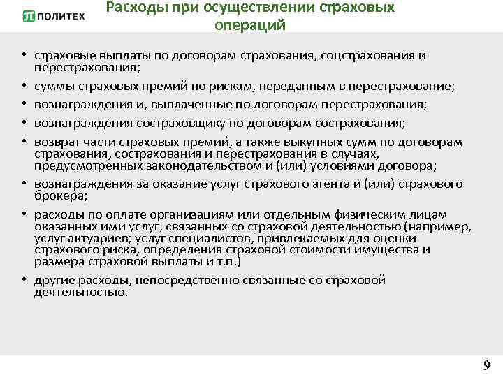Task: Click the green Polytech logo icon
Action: [x=29, y=17]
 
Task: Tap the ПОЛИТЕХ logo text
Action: [x=61, y=17]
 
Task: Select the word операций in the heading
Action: [x=251, y=25]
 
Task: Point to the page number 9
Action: [x=486, y=364]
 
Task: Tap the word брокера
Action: [x=56, y=195]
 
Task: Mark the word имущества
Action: [x=390, y=249]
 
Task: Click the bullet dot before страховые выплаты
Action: [x=24, y=55]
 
